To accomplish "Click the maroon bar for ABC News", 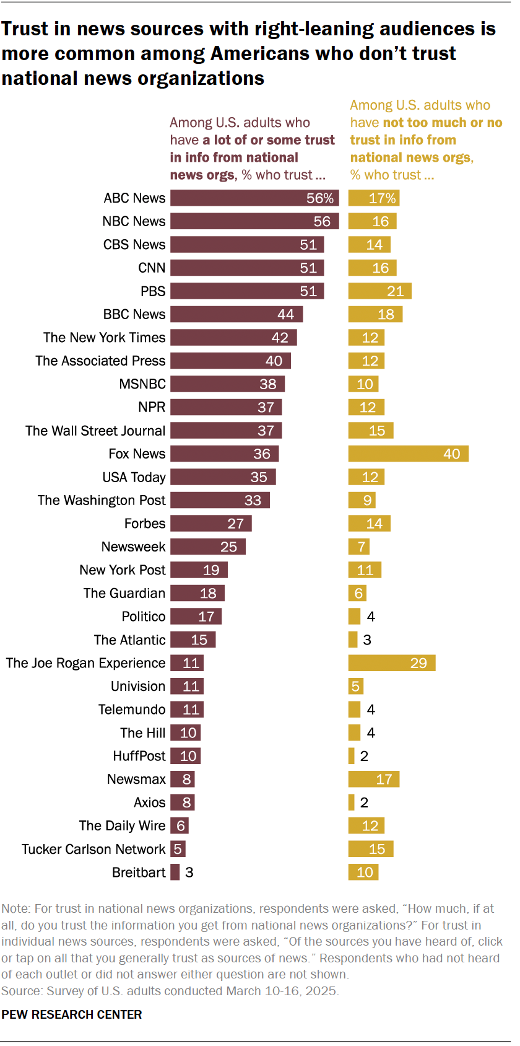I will point(254,198).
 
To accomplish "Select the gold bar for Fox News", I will point(408,454).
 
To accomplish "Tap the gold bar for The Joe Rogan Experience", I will point(392,663).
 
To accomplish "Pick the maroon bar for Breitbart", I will point(175,872).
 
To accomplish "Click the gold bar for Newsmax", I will point(374,780).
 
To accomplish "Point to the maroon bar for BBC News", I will point(236,315).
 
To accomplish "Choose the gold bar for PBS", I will point(379,291).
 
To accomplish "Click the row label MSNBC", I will point(142,384).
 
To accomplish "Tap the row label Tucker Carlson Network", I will point(93,849).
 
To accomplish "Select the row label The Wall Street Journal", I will point(95,431).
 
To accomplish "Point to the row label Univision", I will point(138,687).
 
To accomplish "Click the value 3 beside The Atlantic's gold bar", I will point(367,640).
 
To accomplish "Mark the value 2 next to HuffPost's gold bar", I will point(364,756).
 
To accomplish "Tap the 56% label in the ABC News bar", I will point(320,198).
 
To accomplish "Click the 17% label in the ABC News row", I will point(382,198).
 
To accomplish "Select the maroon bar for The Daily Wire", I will point(180,826).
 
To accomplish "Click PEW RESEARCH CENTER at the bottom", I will point(72,1014).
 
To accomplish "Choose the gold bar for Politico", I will point(354,617).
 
